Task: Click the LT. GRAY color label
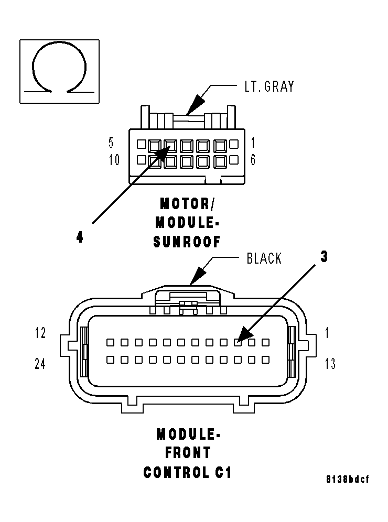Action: click(270, 86)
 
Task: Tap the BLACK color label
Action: click(264, 258)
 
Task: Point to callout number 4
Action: click(79, 237)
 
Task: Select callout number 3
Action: click(324, 257)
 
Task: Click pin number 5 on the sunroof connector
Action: click(111, 143)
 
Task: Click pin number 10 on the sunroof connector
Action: click(114, 160)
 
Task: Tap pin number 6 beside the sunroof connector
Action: click(253, 160)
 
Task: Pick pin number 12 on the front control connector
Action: click(40, 333)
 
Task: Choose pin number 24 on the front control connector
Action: click(40, 364)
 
